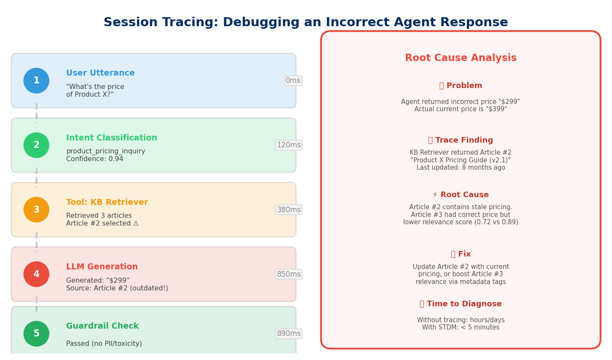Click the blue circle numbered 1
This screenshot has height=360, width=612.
coord(37,81)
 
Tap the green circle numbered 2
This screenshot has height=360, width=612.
coord(37,145)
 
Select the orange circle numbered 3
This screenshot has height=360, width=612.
coord(37,210)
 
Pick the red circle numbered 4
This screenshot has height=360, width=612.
coord(37,274)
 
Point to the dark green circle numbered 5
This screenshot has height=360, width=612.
coord(37,334)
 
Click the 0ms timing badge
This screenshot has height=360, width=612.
coord(293,81)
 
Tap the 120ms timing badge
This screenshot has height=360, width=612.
coord(289,145)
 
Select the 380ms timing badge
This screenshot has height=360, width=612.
coord(289,210)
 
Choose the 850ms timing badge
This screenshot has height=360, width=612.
coord(289,274)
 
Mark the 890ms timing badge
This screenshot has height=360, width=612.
coord(289,334)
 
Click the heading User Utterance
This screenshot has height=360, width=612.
coord(100,73)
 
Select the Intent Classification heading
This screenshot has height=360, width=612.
coord(112,138)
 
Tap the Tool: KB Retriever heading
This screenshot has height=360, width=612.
coord(107,202)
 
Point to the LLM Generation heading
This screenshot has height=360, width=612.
coord(102,267)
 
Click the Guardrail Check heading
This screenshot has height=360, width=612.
coord(102,326)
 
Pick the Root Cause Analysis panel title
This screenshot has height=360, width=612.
coord(460,58)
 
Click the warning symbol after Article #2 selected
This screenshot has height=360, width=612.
coord(136,223)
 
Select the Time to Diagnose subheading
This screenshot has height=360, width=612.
coord(460,304)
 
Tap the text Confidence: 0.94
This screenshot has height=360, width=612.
coord(94,159)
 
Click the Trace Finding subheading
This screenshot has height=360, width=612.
coord(460,140)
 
